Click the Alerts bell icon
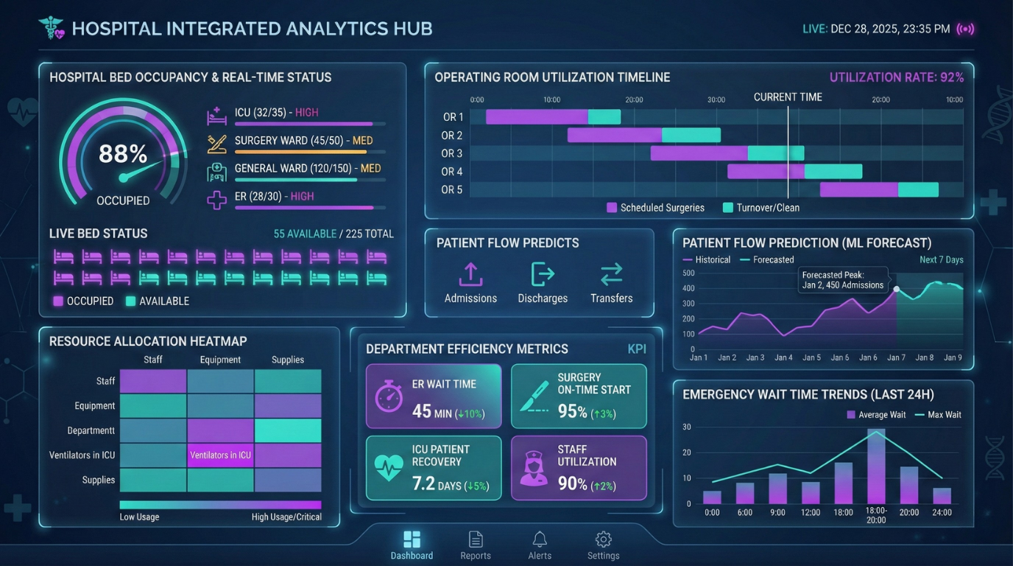(x=540, y=539)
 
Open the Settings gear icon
(x=603, y=539)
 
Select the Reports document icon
(x=476, y=539)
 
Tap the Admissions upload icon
(x=470, y=274)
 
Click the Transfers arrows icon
(x=611, y=274)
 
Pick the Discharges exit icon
(x=543, y=274)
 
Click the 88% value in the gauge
(x=123, y=153)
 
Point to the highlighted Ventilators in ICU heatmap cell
(x=220, y=455)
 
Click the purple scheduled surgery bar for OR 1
(x=537, y=116)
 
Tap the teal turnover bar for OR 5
(x=918, y=189)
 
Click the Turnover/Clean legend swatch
(x=728, y=208)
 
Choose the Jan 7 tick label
(x=896, y=357)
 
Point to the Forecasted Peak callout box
(x=843, y=280)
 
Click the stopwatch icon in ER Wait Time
(x=389, y=396)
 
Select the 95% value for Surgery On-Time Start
(x=572, y=411)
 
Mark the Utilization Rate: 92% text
(x=896, y=77)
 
